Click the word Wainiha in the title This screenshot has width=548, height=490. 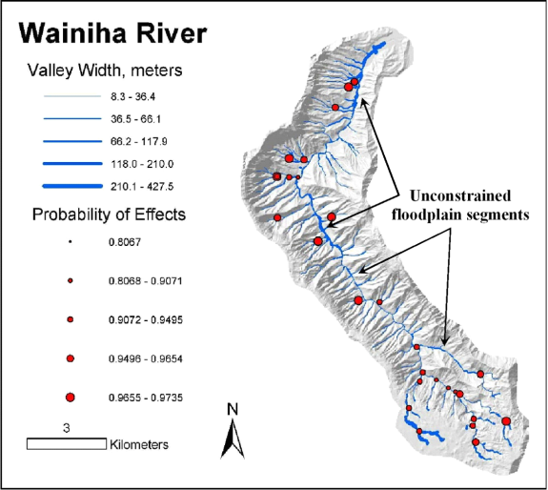point(72,33)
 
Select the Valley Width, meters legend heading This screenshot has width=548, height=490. point(105,71)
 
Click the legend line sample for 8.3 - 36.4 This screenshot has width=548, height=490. point(72,96)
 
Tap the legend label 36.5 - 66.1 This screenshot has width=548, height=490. point(135,119)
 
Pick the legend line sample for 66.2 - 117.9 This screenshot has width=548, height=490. point(72,141)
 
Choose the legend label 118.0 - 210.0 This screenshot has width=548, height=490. point(142,164)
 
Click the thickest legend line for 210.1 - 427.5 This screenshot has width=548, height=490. point(72,186)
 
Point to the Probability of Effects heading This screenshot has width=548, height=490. point(109,214)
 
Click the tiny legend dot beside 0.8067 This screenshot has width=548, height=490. point(70,241)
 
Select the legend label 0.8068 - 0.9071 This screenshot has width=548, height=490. point(146,281)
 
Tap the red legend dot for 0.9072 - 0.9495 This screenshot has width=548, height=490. point(71,319)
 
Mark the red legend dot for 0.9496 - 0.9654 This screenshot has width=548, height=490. point(71,358)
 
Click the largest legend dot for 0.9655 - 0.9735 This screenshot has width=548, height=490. point(71,398)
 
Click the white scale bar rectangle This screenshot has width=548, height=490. point(67,444)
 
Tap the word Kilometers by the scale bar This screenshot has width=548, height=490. point(139,444)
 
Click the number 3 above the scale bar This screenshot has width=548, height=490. point(67,428)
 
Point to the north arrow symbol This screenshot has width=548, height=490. point(233,439)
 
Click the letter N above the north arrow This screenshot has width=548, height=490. point(233,409)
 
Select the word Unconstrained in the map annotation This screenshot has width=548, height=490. point(460,195)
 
